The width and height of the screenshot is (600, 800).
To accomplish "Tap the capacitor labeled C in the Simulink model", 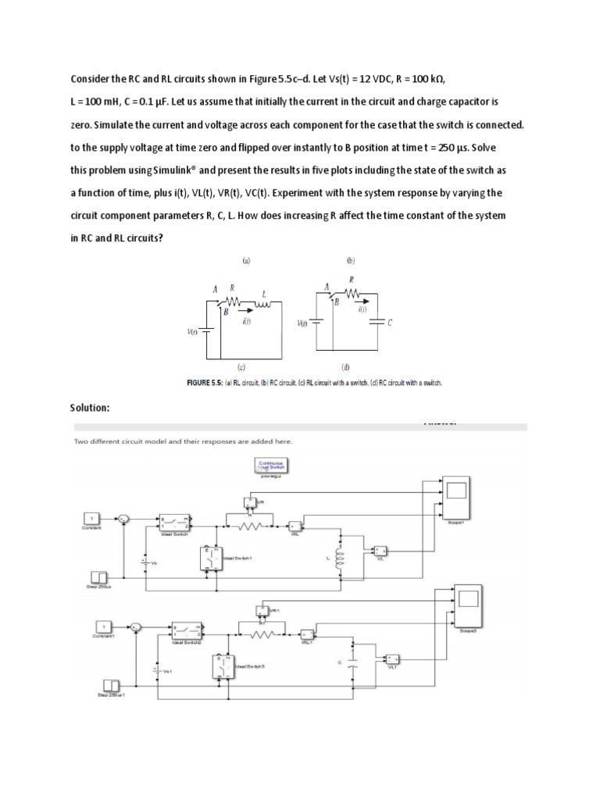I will click(352, 666).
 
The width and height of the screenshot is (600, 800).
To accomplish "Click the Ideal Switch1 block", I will click(207, 559).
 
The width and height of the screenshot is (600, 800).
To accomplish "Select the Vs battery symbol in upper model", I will click(145, 561).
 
